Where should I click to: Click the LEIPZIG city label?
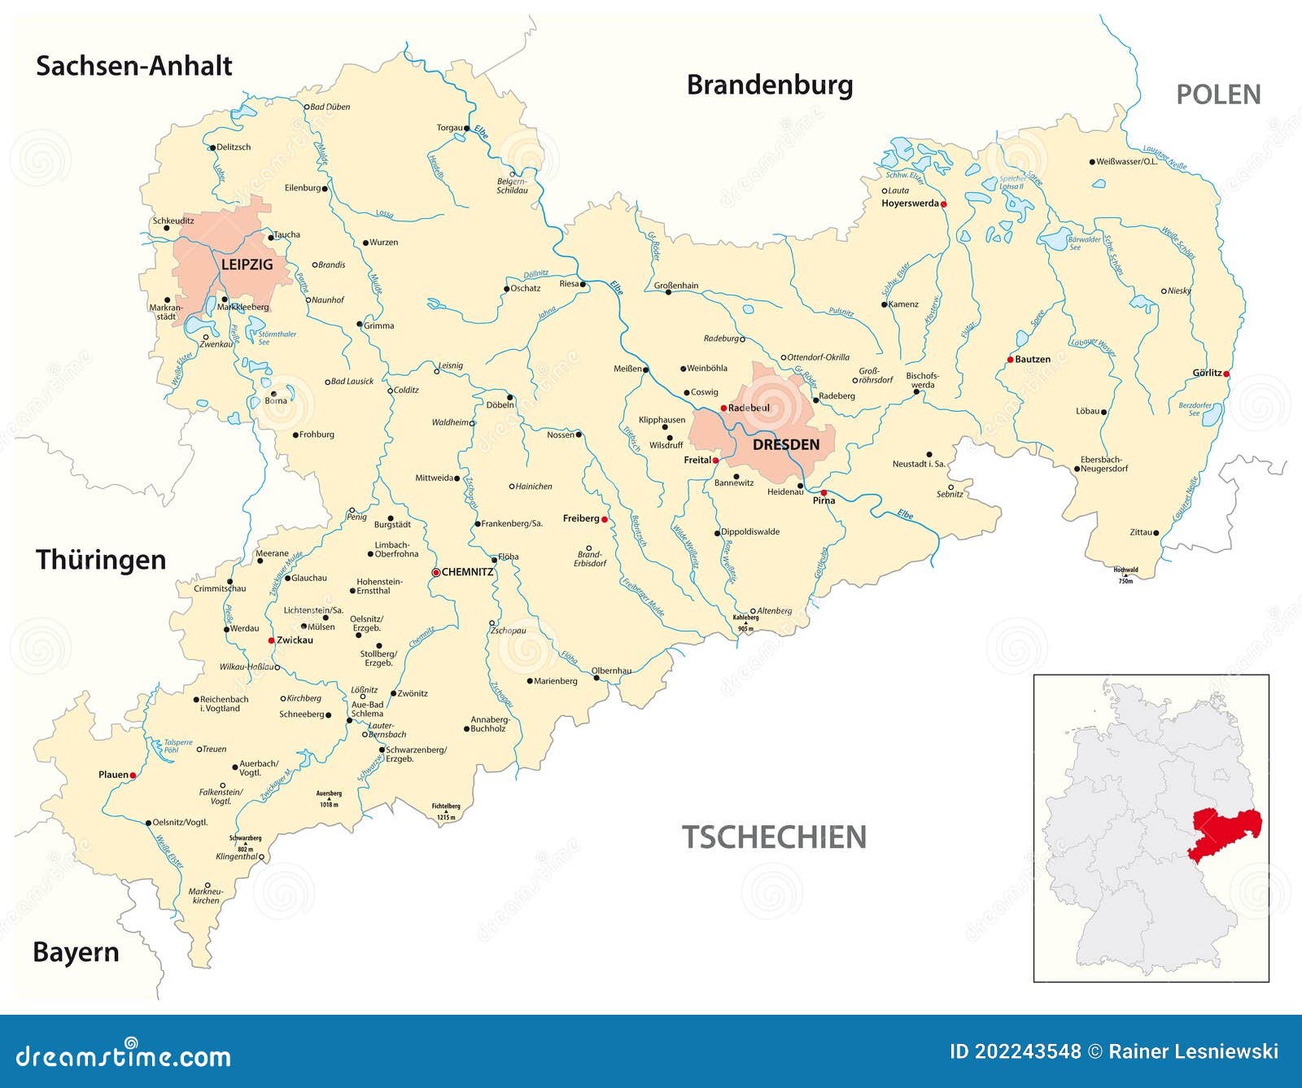(247, 264)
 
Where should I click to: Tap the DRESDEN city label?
(785, 444)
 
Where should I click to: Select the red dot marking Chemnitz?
(435, 572)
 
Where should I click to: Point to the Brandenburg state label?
(769, 85)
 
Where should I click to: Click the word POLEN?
(1218, 94)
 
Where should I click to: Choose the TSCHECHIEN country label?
(773, 837)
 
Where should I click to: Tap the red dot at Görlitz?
(1227, 374)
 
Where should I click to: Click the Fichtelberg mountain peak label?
(446, 807)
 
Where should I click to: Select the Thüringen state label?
(101, 560)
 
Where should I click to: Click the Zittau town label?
(1140, 532)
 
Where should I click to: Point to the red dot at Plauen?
(133, 776)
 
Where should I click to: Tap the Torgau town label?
(448, 128)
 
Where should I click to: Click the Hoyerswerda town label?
(910, 203)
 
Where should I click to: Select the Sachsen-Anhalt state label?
(134, 66)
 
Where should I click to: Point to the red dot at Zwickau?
(271, 640)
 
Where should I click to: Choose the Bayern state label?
(76, 952)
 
